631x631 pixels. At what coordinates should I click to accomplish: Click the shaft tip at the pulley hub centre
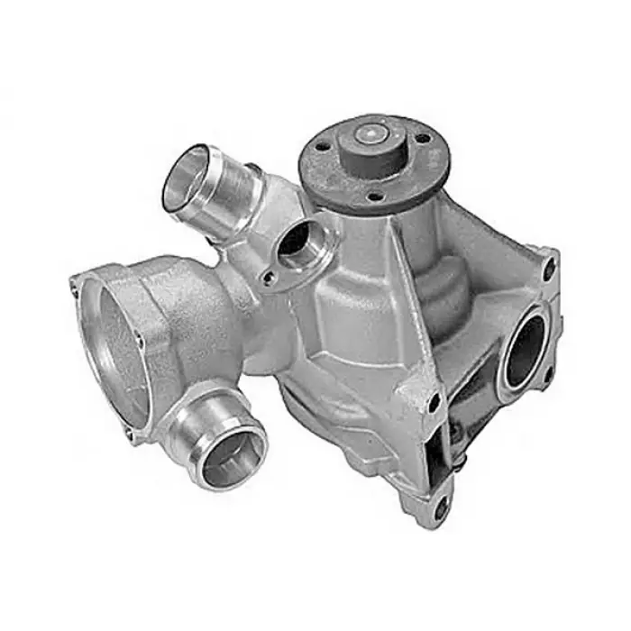[370, 136]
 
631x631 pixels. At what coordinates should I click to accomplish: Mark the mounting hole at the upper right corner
[548, 268]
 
